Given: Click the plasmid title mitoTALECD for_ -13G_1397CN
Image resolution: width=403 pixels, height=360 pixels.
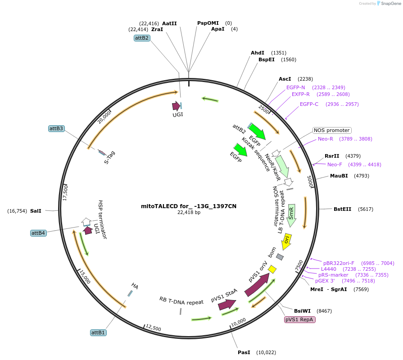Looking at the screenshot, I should [189, 206].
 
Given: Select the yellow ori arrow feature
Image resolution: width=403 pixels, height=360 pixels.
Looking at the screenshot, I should [286, 242].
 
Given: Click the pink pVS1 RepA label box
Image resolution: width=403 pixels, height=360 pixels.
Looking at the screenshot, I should [299, 319].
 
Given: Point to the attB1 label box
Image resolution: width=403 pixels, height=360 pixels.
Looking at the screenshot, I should [98, 333].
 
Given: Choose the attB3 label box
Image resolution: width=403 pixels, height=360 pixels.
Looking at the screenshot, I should [56, 128].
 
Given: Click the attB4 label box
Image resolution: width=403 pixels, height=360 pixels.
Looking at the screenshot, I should [38, 233].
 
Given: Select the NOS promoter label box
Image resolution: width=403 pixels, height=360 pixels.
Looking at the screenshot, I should [332, 130].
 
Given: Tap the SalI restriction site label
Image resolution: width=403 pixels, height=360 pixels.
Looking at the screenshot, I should [36, 210].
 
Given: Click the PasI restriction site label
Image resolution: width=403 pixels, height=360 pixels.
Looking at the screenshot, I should [244, 352].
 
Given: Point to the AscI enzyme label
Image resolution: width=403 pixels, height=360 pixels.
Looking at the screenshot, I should [285, 78].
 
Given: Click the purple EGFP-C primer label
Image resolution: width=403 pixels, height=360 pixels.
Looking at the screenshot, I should [309, 104].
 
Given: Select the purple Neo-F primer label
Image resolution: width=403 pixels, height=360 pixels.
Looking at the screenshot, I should [335, 164].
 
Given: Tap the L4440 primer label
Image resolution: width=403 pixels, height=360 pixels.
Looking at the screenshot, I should [328, 269].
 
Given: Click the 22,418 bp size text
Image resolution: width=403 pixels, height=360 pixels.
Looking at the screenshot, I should [189, 213].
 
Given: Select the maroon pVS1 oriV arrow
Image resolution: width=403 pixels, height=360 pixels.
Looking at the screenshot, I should [257, 284].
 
